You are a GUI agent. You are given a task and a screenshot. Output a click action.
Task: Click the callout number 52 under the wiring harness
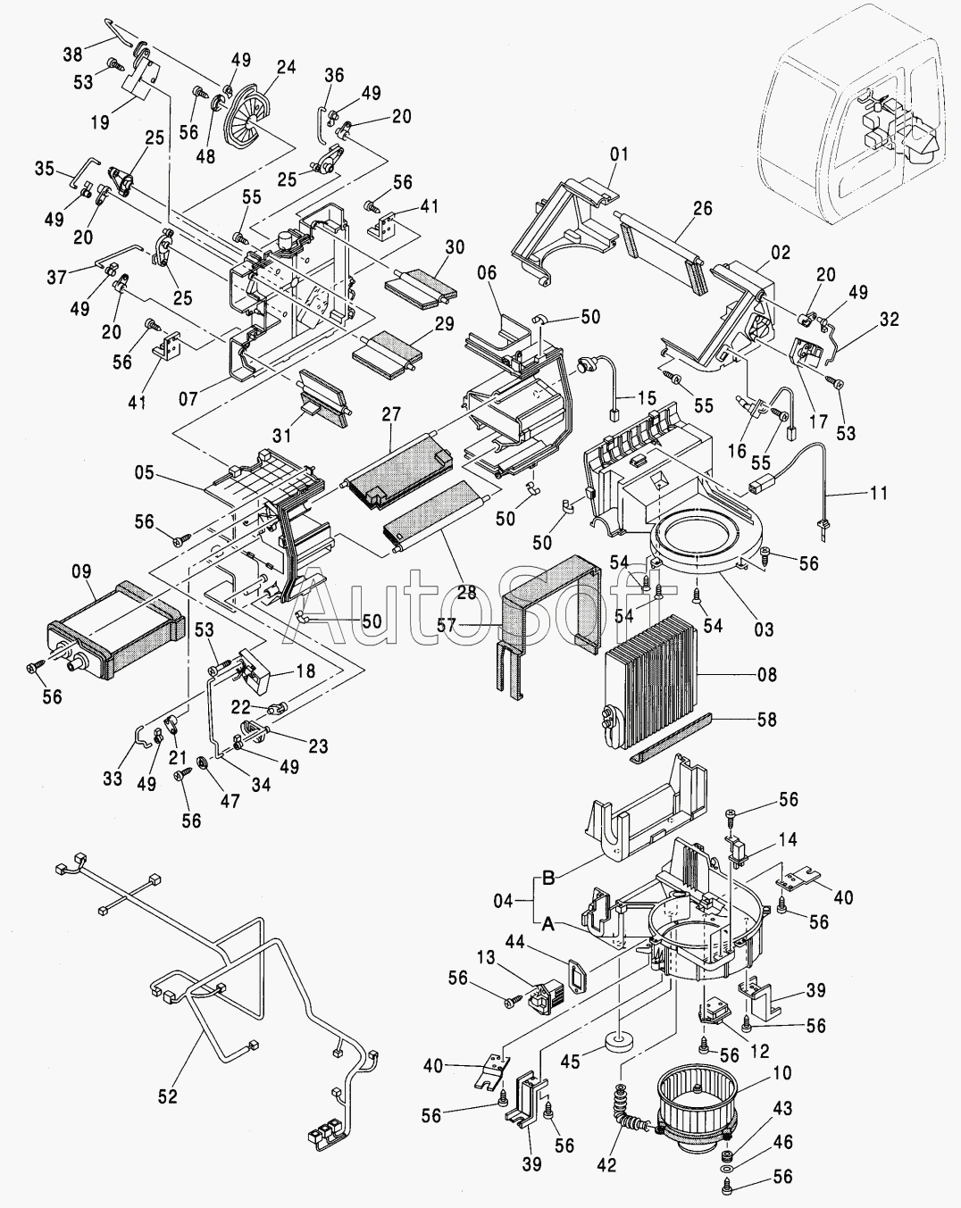pyautogui.click(x=168, y=1096)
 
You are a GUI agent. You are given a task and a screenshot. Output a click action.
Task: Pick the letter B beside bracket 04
pyautogui.click(x=548, y=878)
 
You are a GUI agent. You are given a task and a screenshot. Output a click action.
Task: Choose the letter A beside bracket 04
pyautogui.click(x=548, y=925)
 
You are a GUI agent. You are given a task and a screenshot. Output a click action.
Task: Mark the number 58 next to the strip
pyautogui.click(x=766, y=719)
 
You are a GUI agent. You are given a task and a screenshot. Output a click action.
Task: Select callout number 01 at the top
pyautogui.click(x=619, y=154)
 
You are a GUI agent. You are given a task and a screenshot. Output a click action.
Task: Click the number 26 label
pyautogui.click(x=702, y=208)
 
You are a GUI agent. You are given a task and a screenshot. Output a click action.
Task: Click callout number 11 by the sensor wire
pyautogui.click(x=879, y=491)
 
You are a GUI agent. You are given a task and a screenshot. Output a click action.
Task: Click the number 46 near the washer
pyautogui.click(x=782, y=1142)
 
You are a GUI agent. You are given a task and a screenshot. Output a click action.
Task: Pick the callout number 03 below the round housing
pyautogui.click(x=764, y=630)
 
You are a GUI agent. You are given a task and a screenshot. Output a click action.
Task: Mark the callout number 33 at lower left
pyautogui.click(x=112, y=779)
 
